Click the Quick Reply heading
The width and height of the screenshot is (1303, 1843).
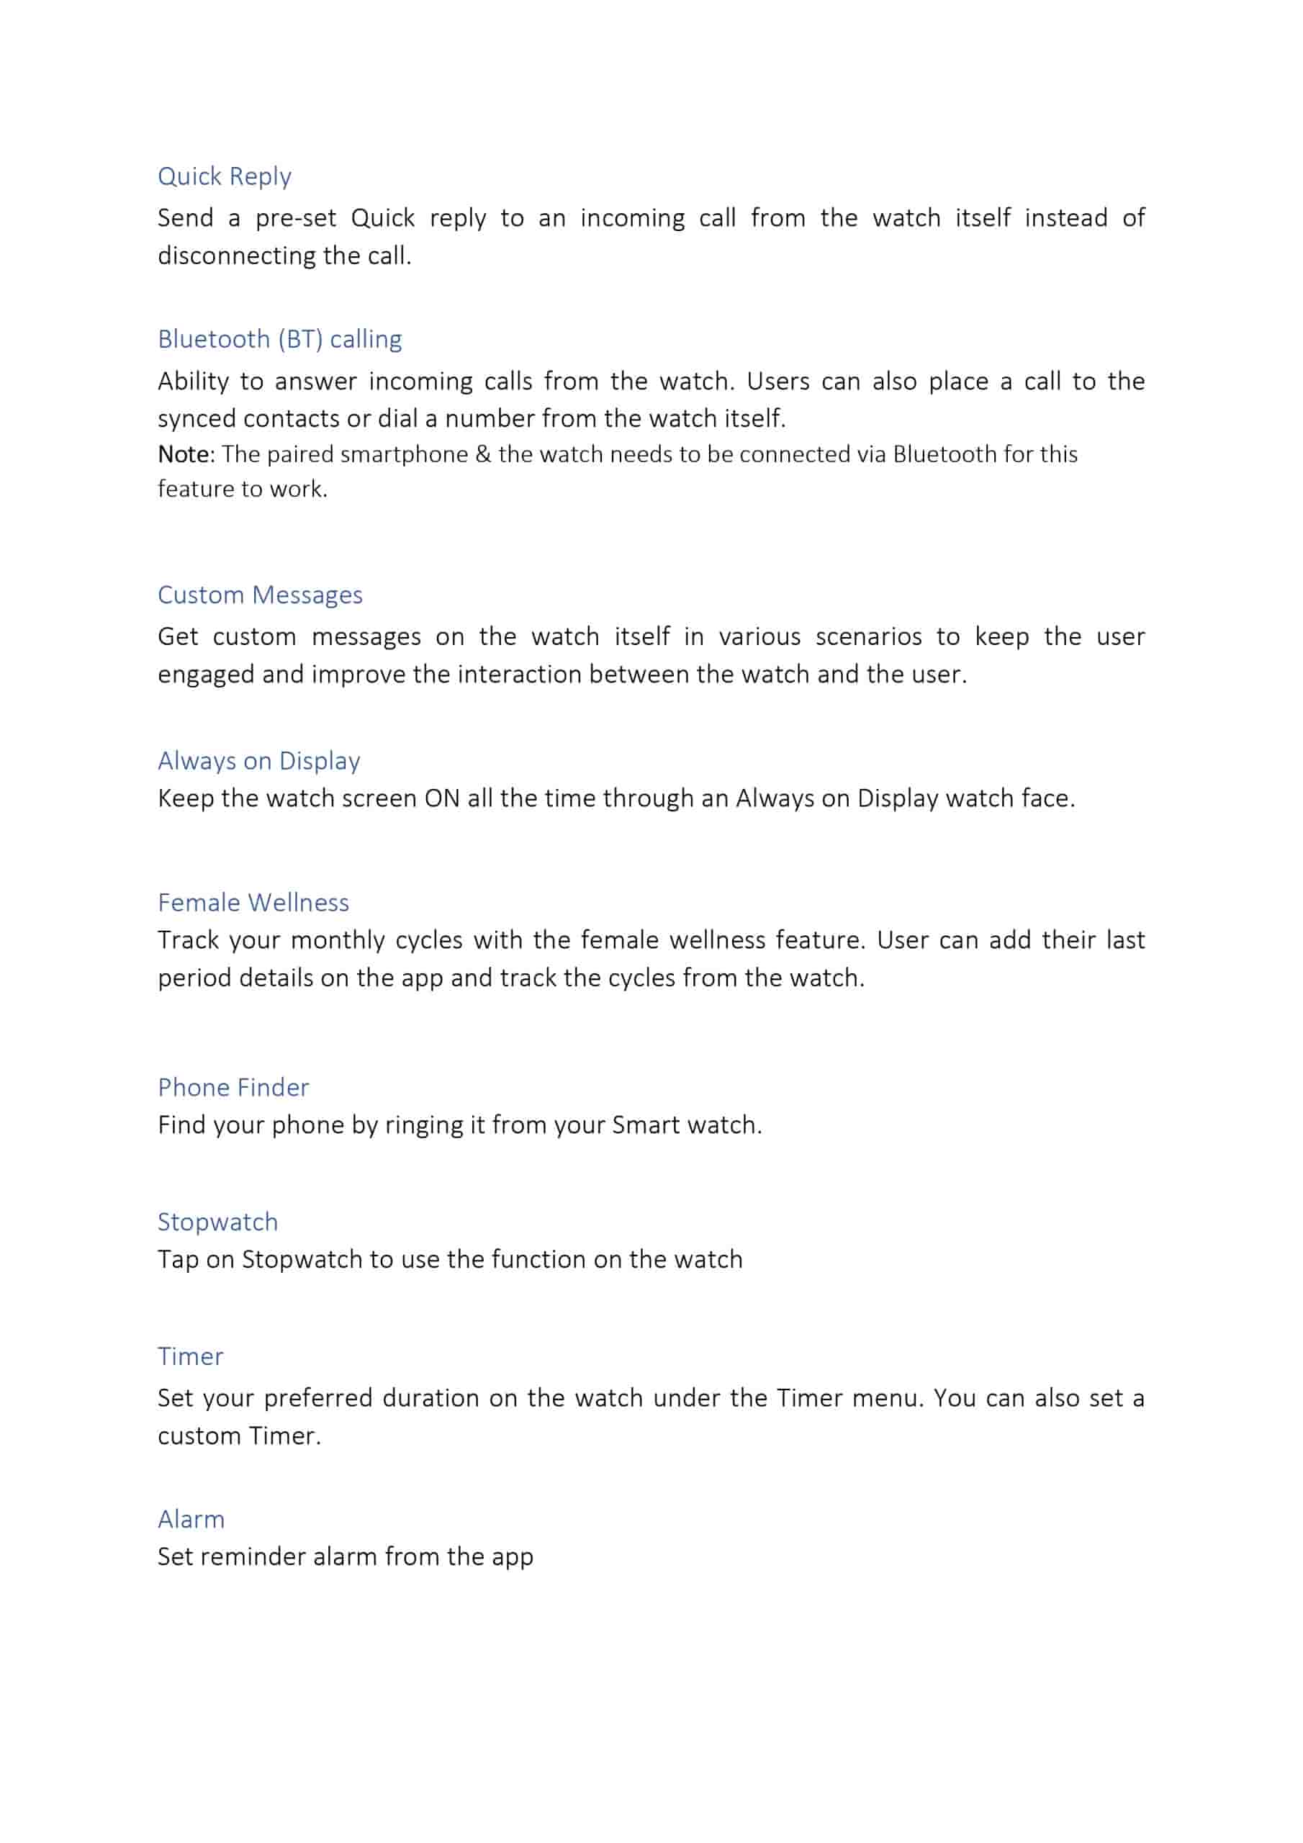224,176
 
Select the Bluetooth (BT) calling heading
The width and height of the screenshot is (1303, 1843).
279,340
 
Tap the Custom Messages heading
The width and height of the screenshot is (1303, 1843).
260,595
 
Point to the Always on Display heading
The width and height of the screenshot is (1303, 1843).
258,760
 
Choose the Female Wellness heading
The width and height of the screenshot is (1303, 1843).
253,902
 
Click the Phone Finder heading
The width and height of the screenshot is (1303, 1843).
233,1087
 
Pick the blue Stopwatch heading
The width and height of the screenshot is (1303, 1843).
217,1222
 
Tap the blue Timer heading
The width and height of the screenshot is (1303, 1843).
190,1356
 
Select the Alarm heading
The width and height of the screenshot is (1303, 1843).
191,1519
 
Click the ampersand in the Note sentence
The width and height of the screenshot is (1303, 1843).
482,454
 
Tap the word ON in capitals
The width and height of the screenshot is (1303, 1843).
441,798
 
